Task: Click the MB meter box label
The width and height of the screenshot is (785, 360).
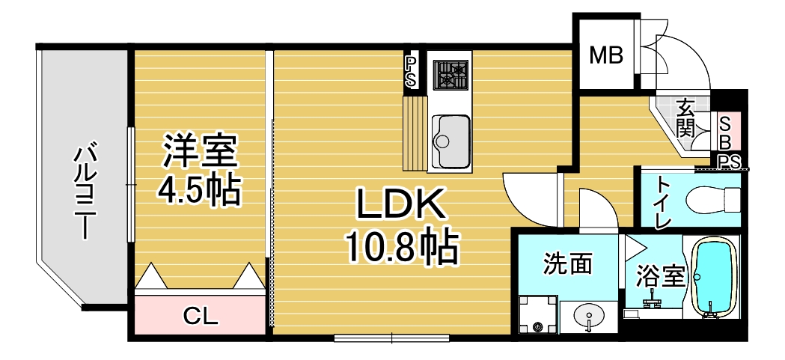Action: click(x=605, y=55)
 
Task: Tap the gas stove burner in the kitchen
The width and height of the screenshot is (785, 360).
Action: click(x=450, y=75)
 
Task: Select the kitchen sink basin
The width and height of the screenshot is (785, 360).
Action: click(x=450, y=140)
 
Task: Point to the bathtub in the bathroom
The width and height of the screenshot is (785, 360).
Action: click(x=715, y=277)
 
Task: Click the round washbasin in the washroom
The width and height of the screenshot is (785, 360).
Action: click(x=588, y=316)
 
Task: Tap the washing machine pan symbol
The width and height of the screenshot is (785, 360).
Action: click(x=538, y=314)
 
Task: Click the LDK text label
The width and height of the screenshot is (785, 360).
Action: click(x=400, y=204)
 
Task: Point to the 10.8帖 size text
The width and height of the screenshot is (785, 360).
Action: click(x=400, y=246)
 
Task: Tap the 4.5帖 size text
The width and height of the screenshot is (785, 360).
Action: click(x=199, y=190)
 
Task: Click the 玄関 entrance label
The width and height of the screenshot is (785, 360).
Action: click(x=685, y=118)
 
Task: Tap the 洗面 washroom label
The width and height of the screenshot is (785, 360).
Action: click(x=568, y=263)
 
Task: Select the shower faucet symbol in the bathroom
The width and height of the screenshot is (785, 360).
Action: click(x=653, y=300)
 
